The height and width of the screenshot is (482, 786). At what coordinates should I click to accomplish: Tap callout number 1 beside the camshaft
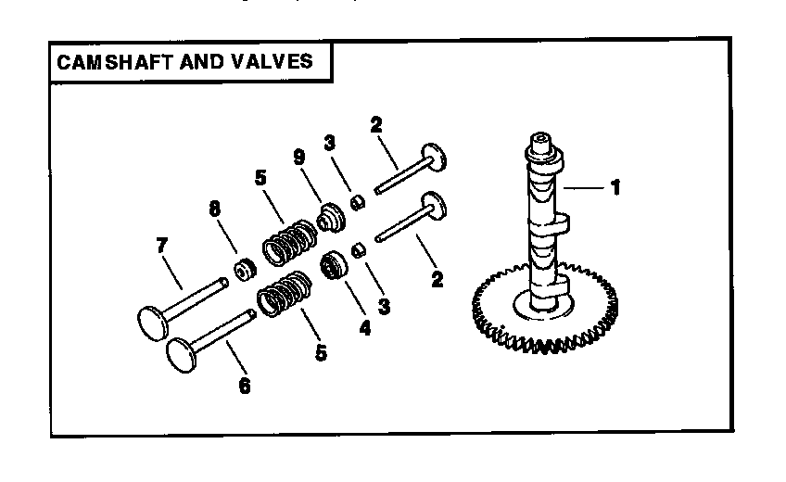pos(615,187)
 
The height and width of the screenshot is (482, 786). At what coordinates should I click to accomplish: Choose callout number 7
pos(161,246)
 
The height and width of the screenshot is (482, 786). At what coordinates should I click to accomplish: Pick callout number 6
pos(244,386)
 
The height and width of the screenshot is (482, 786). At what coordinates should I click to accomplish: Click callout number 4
pos(365,327)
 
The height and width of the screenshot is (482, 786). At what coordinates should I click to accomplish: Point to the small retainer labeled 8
pos(244,271)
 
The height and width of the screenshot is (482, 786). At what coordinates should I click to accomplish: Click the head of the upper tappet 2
pos(434,156)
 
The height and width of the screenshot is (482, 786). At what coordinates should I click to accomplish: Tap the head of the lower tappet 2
pos(434,205)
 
